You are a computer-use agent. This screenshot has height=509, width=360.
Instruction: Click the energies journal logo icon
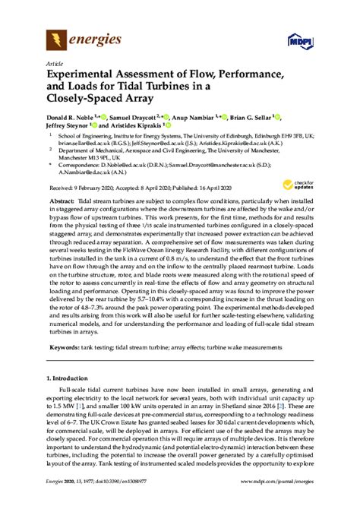click(x=55, y=38)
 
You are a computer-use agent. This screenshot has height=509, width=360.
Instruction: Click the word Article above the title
click(x=55, y=62)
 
